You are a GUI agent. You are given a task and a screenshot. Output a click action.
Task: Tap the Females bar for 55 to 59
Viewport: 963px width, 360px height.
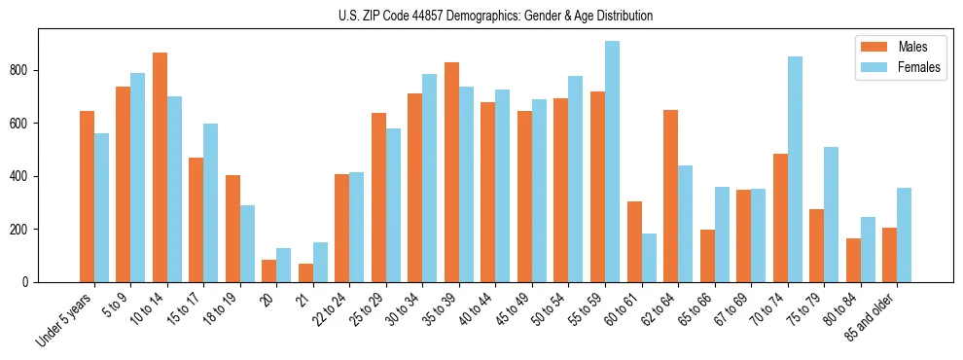[x=612, y=162]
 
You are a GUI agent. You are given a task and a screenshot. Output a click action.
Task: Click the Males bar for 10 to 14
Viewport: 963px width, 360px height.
[x=160, y=167]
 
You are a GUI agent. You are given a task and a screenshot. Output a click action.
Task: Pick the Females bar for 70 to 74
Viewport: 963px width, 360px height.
[x=795, y=169]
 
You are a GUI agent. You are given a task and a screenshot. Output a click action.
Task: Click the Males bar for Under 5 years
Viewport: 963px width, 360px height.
[x=87, y=197]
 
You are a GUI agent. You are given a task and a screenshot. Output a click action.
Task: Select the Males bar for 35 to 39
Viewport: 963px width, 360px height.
[x=451, y=172]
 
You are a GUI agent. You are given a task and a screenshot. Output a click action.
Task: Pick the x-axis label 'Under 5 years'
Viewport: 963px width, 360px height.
[x=66, y=319]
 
